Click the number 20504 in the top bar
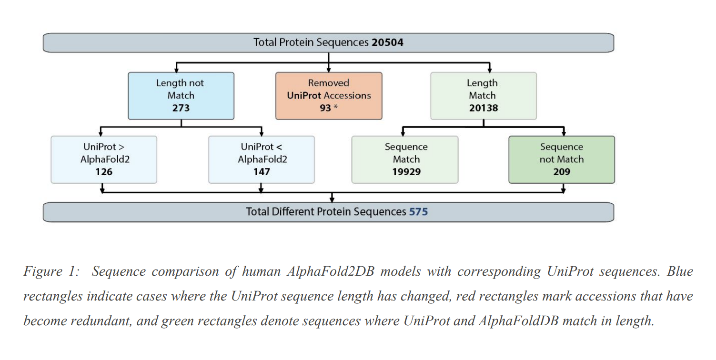[x=387, y=42]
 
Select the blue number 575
[x=418, y=212]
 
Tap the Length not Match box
[x=181, y=96]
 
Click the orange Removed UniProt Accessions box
[x=329, y=96]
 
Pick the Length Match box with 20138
[x=484, y=96]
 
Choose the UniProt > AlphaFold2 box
[x=104, y=160]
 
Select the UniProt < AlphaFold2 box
[x=262, y=160]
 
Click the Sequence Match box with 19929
[x=404, y=160]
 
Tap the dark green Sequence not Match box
[x=562, y=160]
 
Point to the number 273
[x=181, y=108]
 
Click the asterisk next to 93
[x=336, y=106]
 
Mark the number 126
[x=104, y=172]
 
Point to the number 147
[x=262, y=172]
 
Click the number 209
[x=562, y=172]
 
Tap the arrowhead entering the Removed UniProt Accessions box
[x=329, y=70]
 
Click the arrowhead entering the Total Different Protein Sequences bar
[x=332, y=200]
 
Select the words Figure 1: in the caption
[x=51, y=271]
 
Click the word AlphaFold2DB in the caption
[x=331, y=271]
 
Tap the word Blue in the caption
[x=680, y=271]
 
